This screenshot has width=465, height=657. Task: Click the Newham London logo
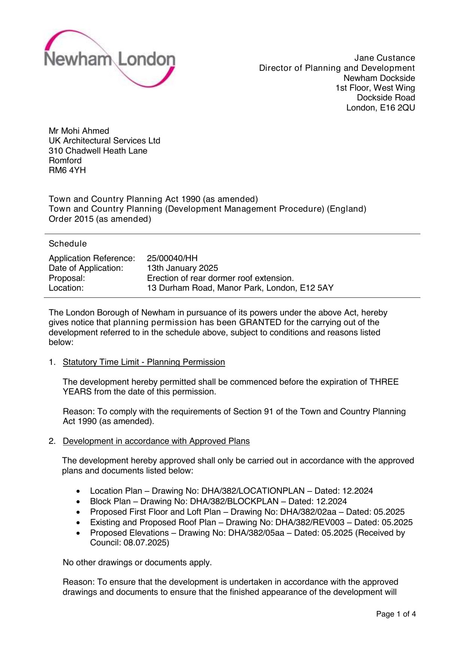coord(109,59)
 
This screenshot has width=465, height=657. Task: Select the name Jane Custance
coord(384,58)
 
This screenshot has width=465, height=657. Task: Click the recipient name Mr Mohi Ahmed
coord(79,131)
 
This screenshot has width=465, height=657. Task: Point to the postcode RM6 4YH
coord(67,170)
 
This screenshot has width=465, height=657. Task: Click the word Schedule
coord(68,244)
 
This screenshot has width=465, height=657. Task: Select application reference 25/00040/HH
coord(172,258)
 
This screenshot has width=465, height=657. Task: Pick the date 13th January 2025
coord(182,268)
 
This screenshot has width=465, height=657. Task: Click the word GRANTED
coord(260,323)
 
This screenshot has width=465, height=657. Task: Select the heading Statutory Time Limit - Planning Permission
coord(144,362)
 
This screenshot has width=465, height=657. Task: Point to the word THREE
coord(384,382)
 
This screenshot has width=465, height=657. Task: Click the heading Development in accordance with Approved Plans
coord(156,441)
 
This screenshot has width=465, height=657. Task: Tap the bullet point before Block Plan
coord(78,502)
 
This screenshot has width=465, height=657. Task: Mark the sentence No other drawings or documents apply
coord(137,563)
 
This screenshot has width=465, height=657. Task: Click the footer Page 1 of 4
coord(396,614)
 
